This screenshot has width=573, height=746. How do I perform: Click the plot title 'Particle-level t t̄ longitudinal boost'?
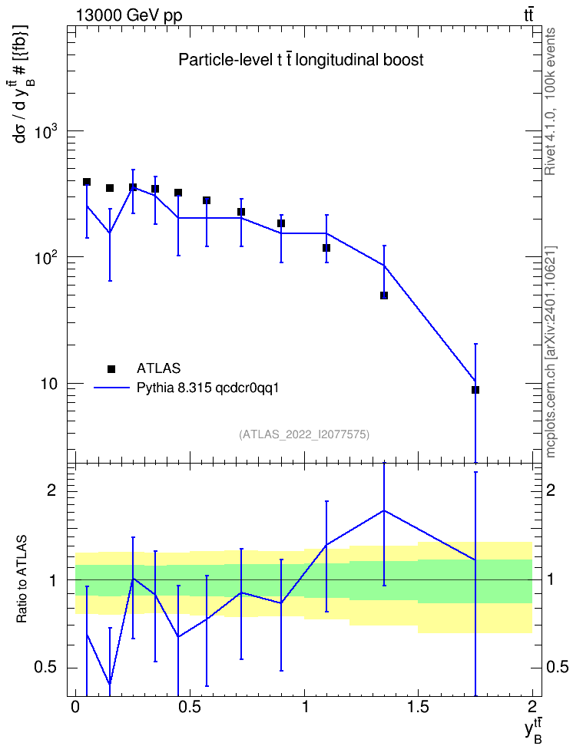(300, 60)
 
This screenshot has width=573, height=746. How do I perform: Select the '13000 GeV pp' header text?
(129, 15)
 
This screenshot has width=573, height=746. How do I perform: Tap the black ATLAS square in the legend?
(111, 368)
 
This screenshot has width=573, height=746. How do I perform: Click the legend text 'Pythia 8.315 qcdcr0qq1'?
(207, 388)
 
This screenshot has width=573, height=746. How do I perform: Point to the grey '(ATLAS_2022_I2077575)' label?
(304, 434)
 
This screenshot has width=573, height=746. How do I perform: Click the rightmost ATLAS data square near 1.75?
(475, 390)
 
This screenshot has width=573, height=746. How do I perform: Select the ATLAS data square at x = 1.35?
(384, 295)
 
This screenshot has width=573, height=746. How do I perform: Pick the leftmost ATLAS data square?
(87, 182)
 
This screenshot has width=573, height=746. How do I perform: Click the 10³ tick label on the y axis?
(45, 132)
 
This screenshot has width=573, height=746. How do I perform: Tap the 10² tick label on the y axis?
(45, 259)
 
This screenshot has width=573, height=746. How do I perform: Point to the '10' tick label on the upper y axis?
(48, 384)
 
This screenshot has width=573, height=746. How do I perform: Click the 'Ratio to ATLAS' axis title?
(22, 579)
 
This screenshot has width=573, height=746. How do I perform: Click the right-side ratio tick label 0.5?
(558, 667)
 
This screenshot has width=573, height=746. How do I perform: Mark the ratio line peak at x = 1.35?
(384, 510)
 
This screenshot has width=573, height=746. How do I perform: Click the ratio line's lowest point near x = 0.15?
(110, 684)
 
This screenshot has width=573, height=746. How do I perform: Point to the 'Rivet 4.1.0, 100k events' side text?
(550, 101)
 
